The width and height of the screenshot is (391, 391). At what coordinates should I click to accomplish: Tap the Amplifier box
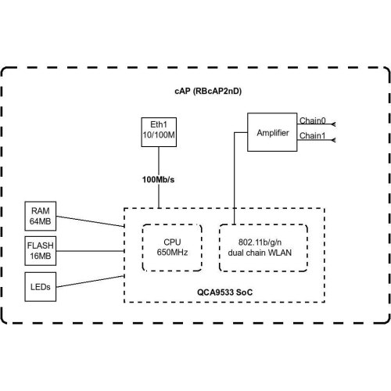(272, 133)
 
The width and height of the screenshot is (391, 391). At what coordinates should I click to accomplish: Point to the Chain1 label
(312, 135)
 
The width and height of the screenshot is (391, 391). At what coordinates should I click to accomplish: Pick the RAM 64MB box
(40, 216)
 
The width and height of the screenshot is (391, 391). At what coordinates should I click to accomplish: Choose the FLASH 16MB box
(40, 251)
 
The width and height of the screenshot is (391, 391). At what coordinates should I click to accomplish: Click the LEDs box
(40, 286)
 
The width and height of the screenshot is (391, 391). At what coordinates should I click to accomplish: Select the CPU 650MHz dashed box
(169, 247)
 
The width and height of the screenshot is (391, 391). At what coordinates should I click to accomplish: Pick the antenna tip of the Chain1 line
(334, 141)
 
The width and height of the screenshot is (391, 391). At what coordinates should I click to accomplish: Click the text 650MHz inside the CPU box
(169, 253)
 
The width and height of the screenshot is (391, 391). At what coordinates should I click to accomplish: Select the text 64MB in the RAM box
(40, 222)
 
